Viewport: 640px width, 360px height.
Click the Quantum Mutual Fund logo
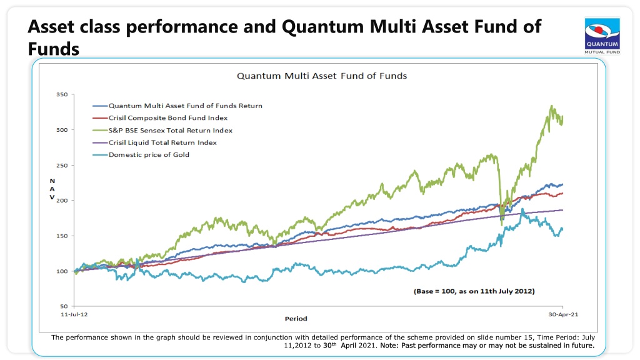pyautogui.click(x=602, y=36)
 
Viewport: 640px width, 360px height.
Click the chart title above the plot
pyautogui.click(x=322, y=76)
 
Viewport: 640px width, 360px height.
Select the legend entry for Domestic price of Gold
pyautogui.click(x=141, y=155)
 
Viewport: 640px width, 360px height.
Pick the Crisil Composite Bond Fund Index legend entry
pyautogui.click(x=160, y=118)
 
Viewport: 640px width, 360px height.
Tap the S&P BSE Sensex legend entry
pyautogui.click(x=162, y=131)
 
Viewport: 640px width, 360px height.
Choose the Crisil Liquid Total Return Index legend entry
pyautogui.click(x=155, y=142)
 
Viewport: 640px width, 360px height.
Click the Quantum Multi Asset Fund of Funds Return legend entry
pyautogui.click(x=177, y=106)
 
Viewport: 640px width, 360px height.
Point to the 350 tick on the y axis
pyautogui.click(x=62, y=94)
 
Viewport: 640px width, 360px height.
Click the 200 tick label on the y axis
pyautogui.click(x=62, y=201)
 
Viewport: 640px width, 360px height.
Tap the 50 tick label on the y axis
pyautogui.click(x=64, y=306)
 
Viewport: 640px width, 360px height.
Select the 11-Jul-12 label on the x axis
pyautogui.click(x=74, y=314)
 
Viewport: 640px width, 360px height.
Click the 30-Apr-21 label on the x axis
pyautogui.click(x=563, y=314)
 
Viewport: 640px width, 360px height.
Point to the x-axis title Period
pyautogui.click(x=296, y=319)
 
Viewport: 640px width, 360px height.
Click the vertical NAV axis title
pyautogui.click(x=52, y=189)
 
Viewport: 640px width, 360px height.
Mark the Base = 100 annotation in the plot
pyautogui.click(x=474, y=291)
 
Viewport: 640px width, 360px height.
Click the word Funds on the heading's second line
pyautogui.click(x=54, y=49)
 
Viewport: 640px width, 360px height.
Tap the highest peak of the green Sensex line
pyautogui.click(x=551, y=106)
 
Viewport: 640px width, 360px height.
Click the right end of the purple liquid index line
pyautogui.click(x=563, y=210)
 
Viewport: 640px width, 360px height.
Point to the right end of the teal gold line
pyautogui.click(x=562, y=229)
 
